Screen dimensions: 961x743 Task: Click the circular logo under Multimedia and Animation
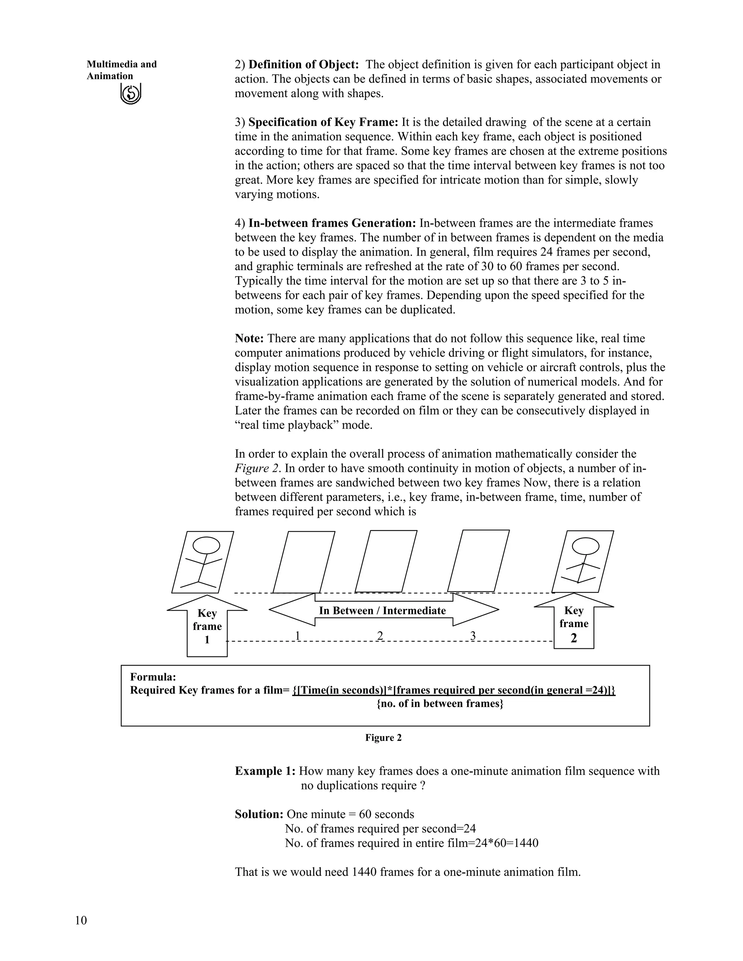coord(131,94)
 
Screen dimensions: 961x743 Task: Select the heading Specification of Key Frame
coord(324,122)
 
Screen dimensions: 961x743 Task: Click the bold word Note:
coord(249,338)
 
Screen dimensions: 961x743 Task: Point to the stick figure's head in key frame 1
coord(206,545)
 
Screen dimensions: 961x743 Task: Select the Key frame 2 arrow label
coord(574,623)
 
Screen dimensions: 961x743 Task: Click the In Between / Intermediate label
coord(382,610)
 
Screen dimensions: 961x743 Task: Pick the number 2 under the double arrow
coord(380,635)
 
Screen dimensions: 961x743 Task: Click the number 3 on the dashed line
coord(473,635)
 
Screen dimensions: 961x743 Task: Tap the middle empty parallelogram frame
coord(386,561)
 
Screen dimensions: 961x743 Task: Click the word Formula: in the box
coord(153,677)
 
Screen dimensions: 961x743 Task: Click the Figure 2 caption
coord(383,738)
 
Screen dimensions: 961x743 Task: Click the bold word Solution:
coord(259,814)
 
